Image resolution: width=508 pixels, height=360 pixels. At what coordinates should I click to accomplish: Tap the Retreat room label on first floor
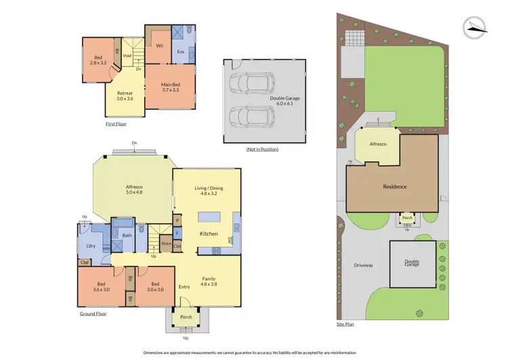coord(125,96)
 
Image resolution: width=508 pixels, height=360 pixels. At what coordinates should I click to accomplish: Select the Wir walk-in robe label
coord(160,46)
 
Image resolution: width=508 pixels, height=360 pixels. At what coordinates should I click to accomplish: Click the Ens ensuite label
coord(180,52)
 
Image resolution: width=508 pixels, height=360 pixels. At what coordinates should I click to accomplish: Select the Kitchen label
coord(208,234)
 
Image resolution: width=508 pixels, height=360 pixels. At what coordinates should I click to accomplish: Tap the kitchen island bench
coord(211,218)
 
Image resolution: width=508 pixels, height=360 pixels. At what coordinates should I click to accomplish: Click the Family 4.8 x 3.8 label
coord(209,281)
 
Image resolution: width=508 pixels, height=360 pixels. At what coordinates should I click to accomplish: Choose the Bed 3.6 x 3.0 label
coord(102,287)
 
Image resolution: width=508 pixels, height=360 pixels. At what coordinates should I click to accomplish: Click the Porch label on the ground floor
coord(185,316)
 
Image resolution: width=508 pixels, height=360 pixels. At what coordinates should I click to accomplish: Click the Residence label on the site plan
coord(394,186)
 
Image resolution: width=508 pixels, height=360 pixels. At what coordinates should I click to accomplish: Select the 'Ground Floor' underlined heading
coord(92,314)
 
